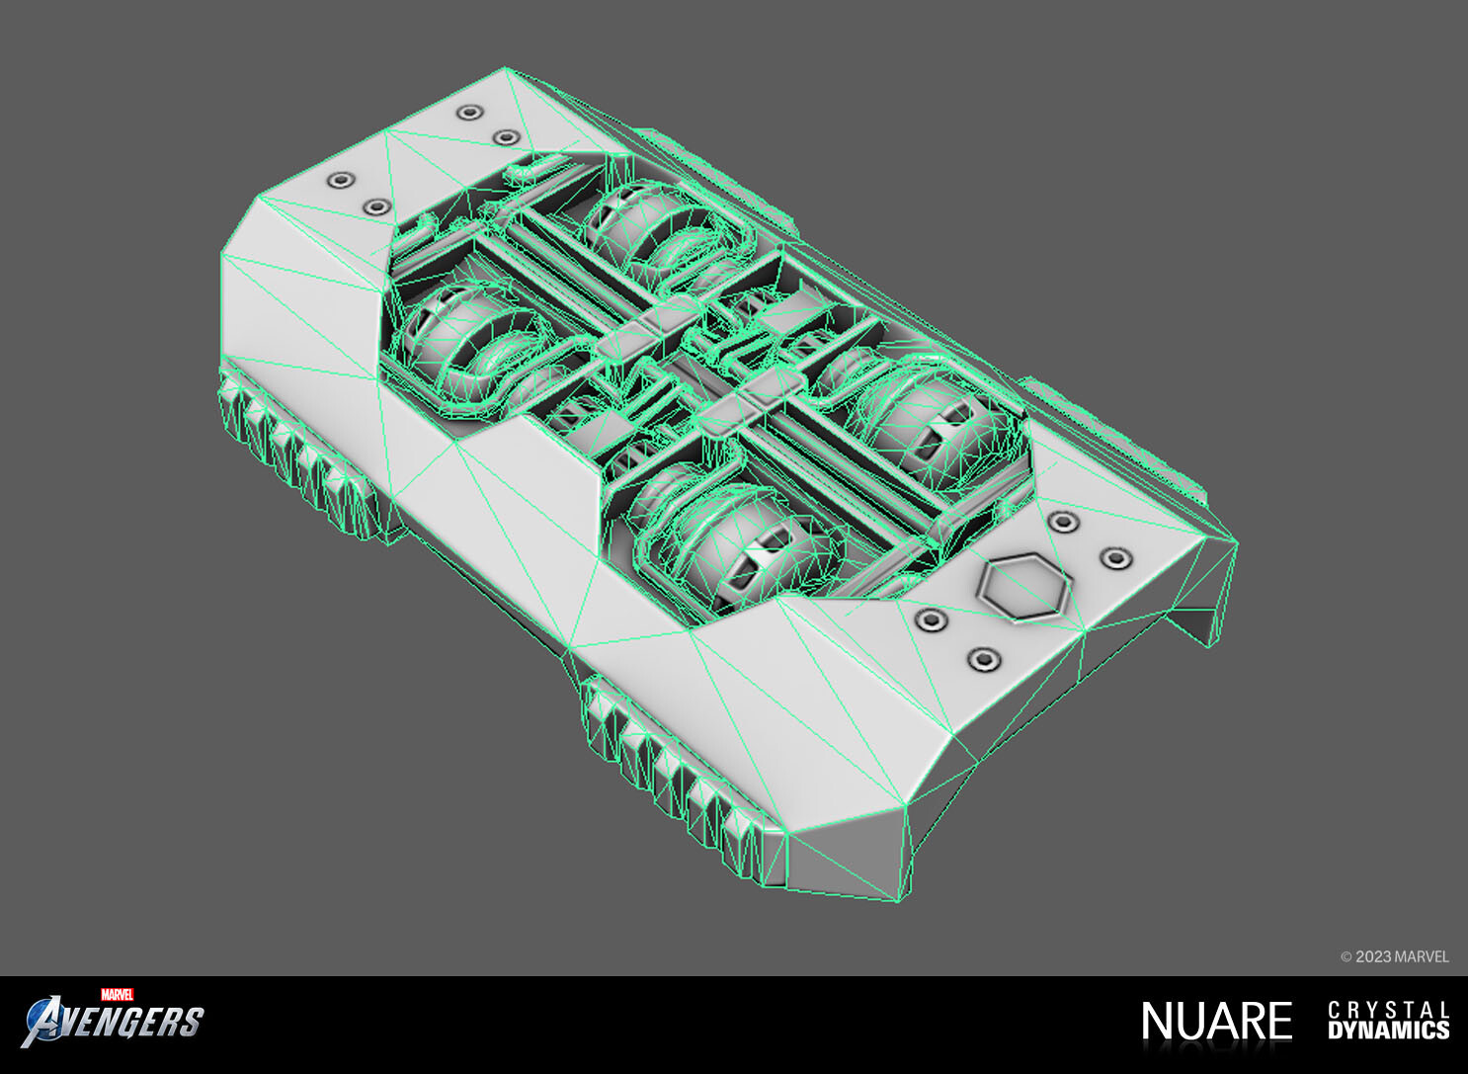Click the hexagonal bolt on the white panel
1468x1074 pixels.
[x=1024, y=588]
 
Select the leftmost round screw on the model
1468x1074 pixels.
[x=340, y=181]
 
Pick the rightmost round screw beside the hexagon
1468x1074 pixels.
[x=1115, y=559]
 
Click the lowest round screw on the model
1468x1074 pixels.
[x=983, y=659]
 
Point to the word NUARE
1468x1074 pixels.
[x=1216, y=1022]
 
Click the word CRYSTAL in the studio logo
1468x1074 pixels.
[x=1388, y=1010]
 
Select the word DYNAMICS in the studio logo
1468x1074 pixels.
[x=1388, y=1031]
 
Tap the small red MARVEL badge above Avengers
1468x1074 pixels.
[x=117, y=994]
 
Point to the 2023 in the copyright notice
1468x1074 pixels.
[x=1372, y=956]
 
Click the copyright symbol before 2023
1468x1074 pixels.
[x=1346, y=956]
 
